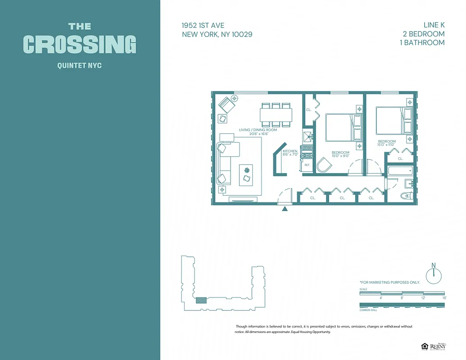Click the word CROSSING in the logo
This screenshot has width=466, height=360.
pos(80,44)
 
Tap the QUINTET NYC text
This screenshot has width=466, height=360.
pos(80,66)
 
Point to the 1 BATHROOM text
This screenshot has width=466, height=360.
pos(422,43)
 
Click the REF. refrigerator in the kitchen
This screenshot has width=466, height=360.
pos(307,165)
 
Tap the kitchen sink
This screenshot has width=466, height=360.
pos(308,137)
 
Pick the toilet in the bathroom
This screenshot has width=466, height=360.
pos(406,196)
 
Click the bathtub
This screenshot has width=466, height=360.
pos(400,171)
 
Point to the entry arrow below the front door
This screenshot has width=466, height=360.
pos(284,208)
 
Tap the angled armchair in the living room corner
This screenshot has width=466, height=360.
pos(226,105)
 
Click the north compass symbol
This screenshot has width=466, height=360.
pos(434,274)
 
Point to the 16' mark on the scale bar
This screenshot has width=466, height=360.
pos(444,297)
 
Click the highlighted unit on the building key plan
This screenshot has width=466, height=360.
pos(201,300)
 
